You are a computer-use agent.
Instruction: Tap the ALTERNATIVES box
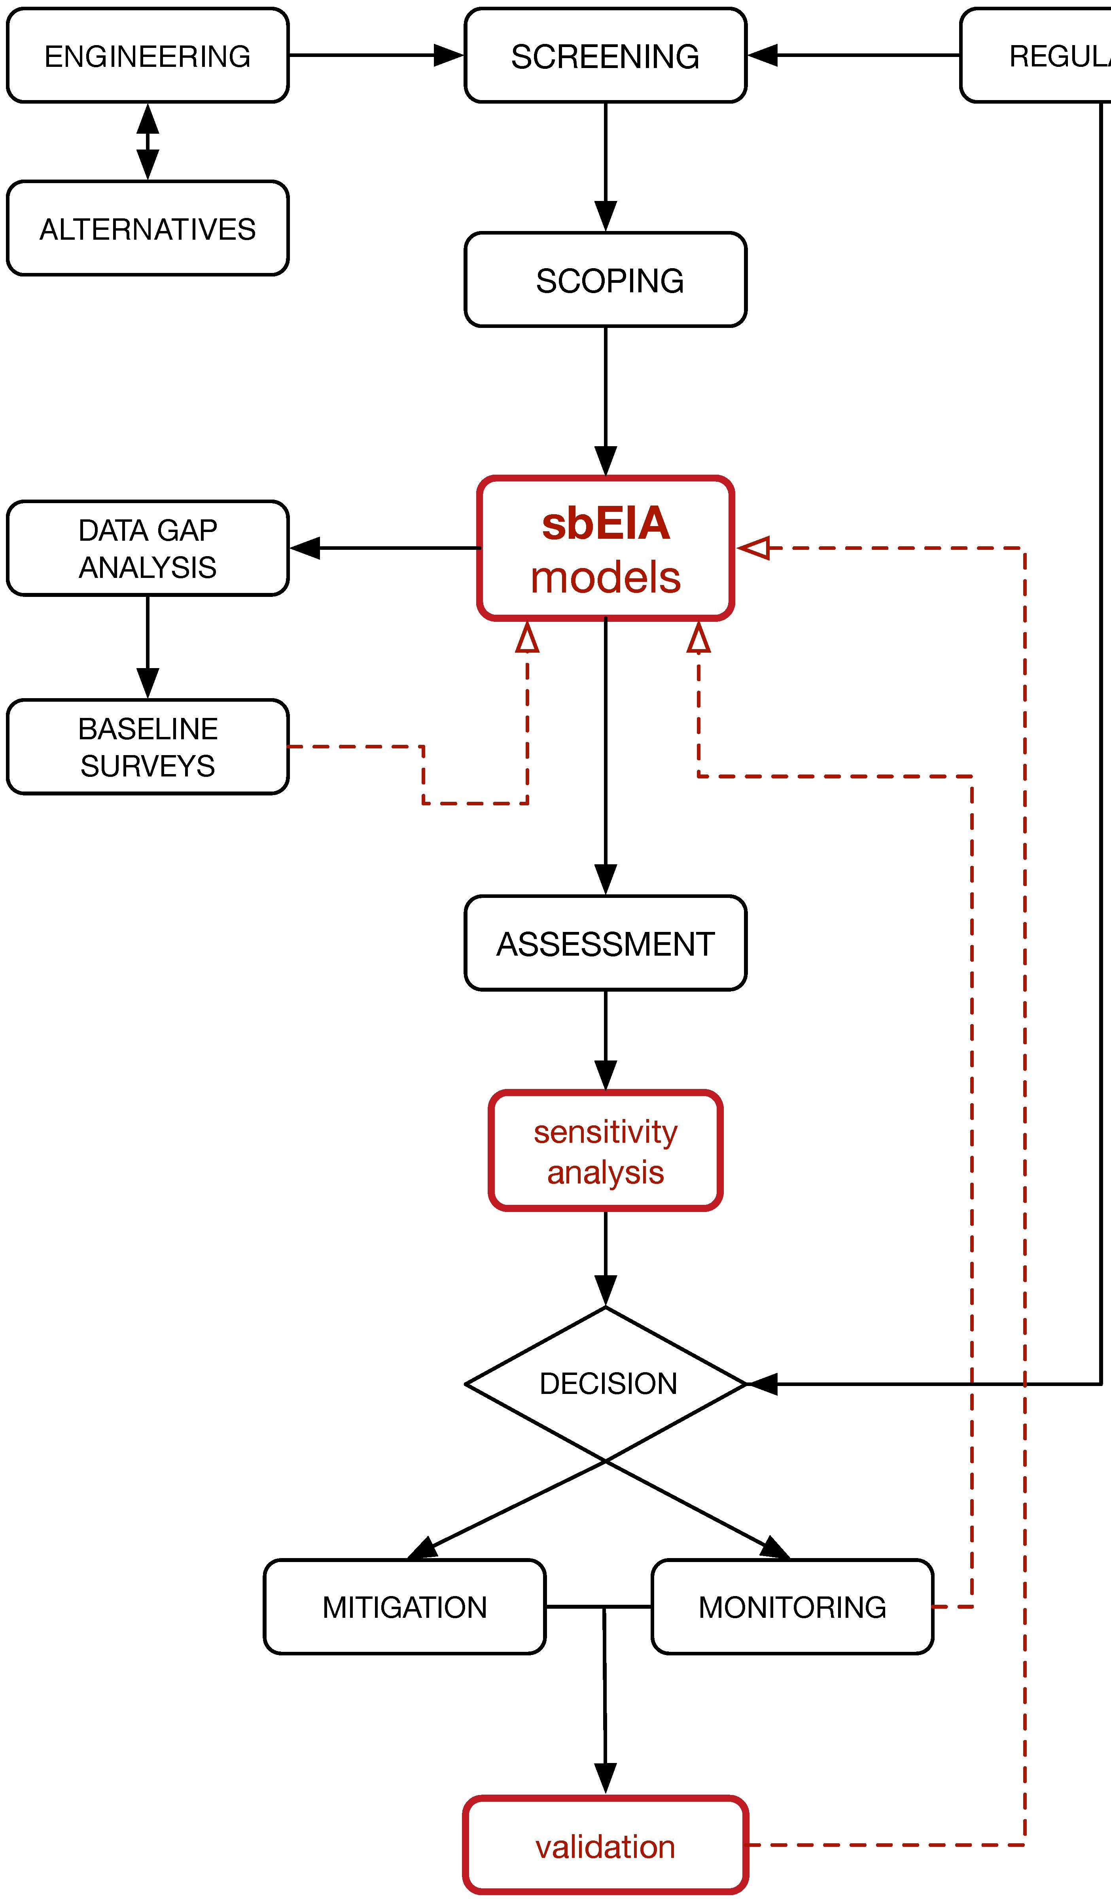tap(147, 228)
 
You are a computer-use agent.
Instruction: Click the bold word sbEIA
tap(605, 523)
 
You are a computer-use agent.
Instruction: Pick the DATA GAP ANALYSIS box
tap(147, 548)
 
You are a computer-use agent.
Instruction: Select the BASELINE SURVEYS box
tap(147, 747)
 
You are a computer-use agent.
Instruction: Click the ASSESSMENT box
tap(605, 943)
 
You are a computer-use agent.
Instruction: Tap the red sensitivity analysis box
tap(605, 1151)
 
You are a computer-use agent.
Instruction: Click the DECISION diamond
tap(605, 1384)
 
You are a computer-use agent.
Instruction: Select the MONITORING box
tap(791, 1607)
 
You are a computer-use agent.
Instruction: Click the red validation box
tap(605, 1846)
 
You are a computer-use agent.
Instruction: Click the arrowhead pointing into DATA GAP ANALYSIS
tap(305, 548)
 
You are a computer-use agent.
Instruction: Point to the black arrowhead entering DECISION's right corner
tap(763, 1384)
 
